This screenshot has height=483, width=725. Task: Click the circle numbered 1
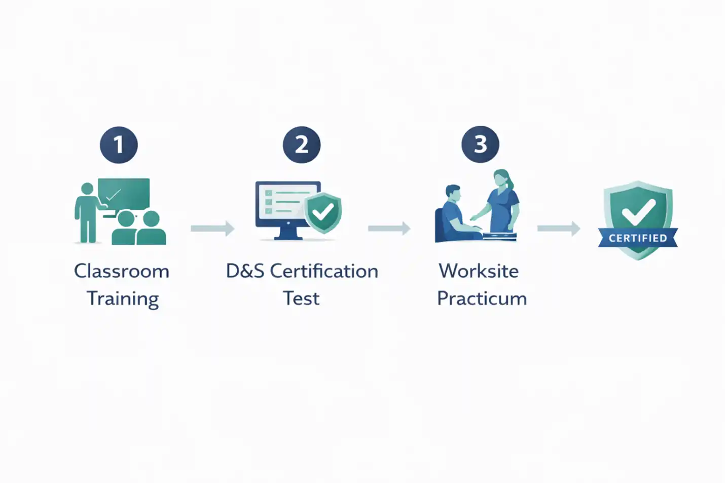(x=119, y=145)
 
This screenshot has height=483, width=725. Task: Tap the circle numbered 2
(x=302, y=145)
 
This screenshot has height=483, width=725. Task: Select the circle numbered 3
(x=480, y=144)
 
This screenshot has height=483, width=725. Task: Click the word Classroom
(x=122, y=271)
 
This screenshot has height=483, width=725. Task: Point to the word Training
(x=123, y=299)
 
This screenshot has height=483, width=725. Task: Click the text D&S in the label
(x=245, y=271)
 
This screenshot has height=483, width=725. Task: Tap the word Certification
(x=324, y=271)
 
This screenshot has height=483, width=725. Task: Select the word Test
(x=301, y=299)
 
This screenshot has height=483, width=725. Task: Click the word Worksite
(x=479, y=271)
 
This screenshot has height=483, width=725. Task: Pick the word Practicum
(x=482, y=299)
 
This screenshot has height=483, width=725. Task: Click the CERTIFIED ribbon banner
(x=638, y=238)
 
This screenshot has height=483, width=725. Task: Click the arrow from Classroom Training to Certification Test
(x=212, y=229)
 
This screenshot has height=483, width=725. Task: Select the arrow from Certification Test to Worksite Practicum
(x=389, y=229)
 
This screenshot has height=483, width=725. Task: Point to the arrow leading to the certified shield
(x=559, y=229)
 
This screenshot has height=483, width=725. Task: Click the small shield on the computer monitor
(x=322, y=212)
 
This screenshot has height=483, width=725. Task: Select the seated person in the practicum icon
(x=453, y=215)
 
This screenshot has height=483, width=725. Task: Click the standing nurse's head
(x=501, y=178)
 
